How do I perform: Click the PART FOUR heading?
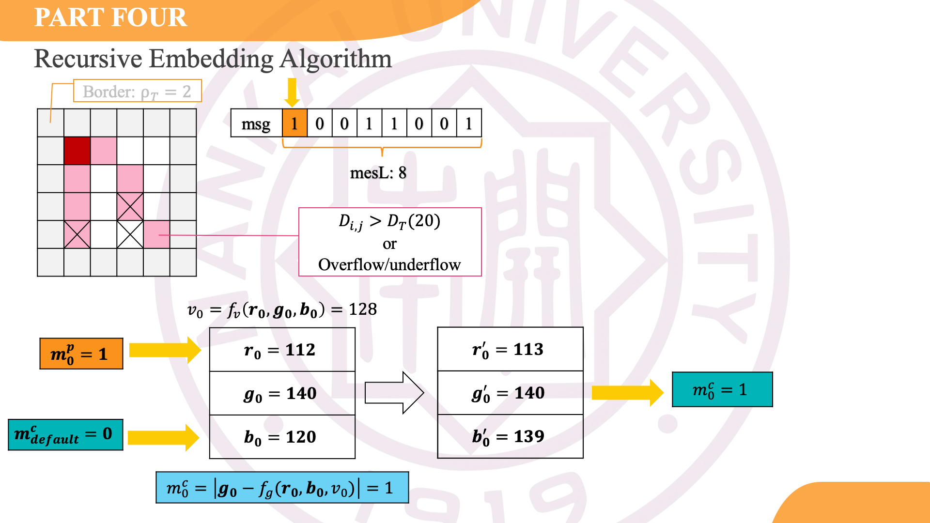(110, 18)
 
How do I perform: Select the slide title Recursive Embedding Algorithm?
(213, 59)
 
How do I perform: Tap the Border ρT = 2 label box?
(137, 91)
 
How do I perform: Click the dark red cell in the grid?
(77, 151)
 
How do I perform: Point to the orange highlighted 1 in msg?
(294, 123)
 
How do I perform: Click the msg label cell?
(256, 123)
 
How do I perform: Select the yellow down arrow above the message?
(292, 92)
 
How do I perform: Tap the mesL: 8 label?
(378, 173)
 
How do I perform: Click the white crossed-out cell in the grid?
(130, 234)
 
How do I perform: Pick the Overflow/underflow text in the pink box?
(389, 265)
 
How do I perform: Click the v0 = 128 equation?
(282, 309)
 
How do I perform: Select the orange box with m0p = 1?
(81, 354)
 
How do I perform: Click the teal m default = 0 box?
(65, 434)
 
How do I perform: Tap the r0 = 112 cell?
(282, 350)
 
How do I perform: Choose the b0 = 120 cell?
(282, 437)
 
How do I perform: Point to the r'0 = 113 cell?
(510, 349)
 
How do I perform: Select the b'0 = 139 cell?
(510, 436)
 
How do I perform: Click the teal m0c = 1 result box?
(722, 389)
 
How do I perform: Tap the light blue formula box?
(282, 488)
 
